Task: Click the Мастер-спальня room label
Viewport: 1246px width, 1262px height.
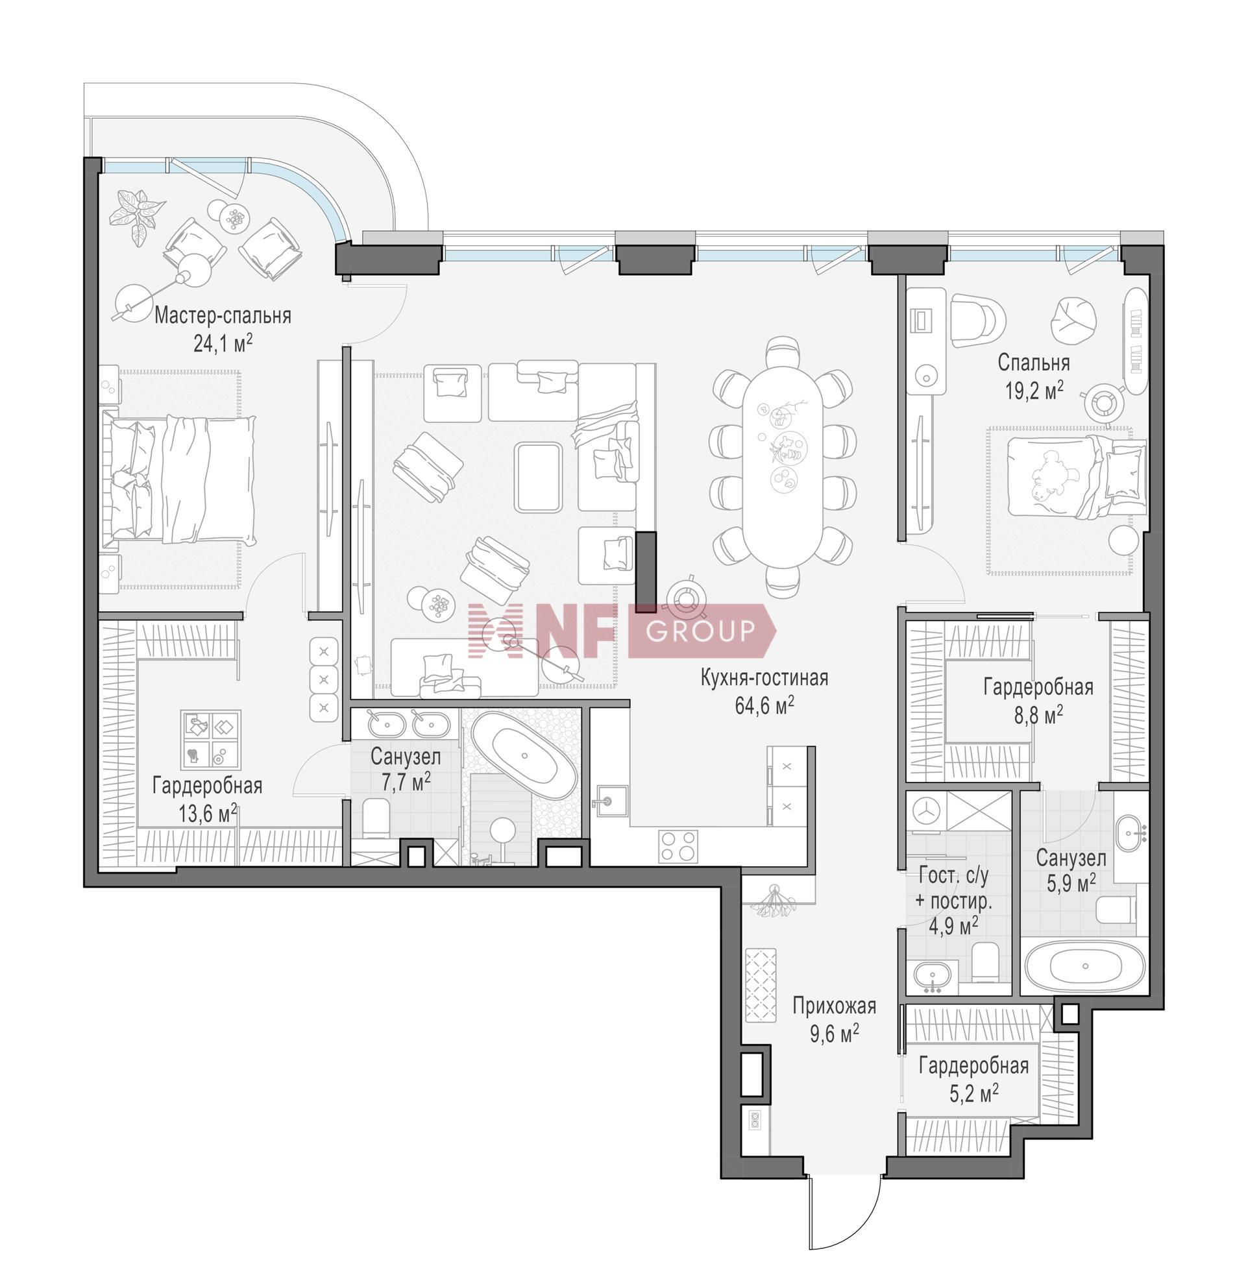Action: [222, 316]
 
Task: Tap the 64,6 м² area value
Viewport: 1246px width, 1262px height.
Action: [764, 706]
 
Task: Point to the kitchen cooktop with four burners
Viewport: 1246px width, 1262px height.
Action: [678, 847]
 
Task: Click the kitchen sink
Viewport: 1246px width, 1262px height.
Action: [609, 801]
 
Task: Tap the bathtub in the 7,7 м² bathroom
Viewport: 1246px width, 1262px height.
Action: [524, 755]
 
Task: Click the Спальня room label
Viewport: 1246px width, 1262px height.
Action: [1034, 363]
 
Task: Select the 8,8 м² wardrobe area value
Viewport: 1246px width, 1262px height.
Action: [1038, 715]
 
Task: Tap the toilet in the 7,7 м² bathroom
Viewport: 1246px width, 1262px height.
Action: [376, 816]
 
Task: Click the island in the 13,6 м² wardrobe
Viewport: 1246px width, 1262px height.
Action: [211, 739]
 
